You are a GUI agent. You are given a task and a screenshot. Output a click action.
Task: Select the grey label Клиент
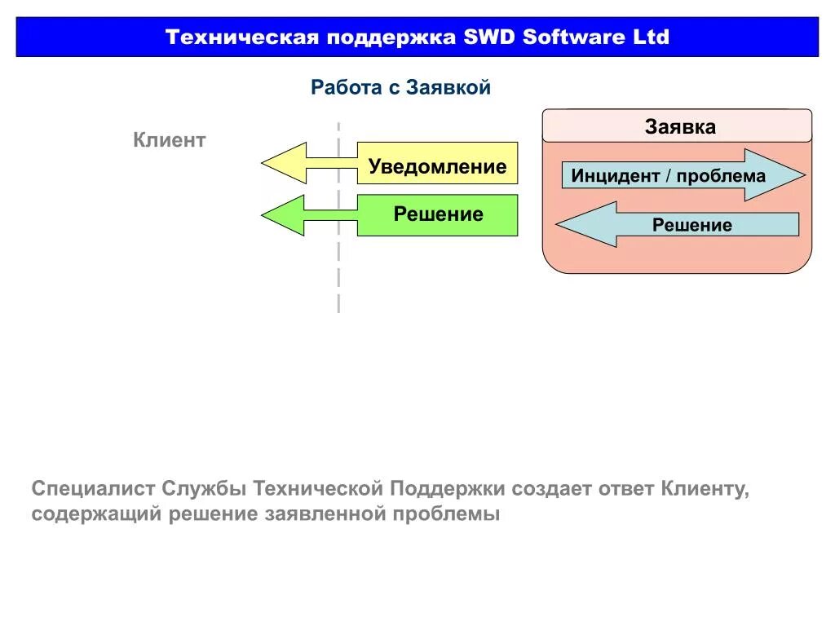170,140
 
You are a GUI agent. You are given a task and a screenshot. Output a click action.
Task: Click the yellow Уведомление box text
437,167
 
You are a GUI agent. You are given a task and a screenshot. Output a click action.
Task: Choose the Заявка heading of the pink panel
680,127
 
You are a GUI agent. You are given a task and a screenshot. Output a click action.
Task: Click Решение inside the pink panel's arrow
691,225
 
